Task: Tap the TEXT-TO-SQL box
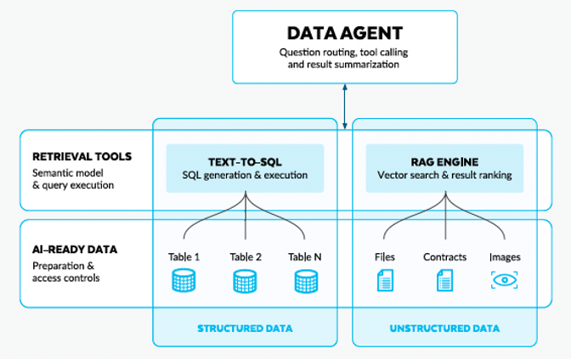coord(245,167)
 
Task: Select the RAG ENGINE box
coord(444,167)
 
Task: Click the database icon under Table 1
coord(184,281)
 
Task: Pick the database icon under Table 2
coord(245,281)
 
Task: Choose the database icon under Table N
coord(306,281)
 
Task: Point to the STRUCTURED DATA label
coord(245,328)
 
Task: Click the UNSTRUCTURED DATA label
coord(444,328)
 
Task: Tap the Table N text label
coord(306,256)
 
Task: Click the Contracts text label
coord(444,256)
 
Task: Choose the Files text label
coord(384,256)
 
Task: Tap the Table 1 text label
coord(184,256)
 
